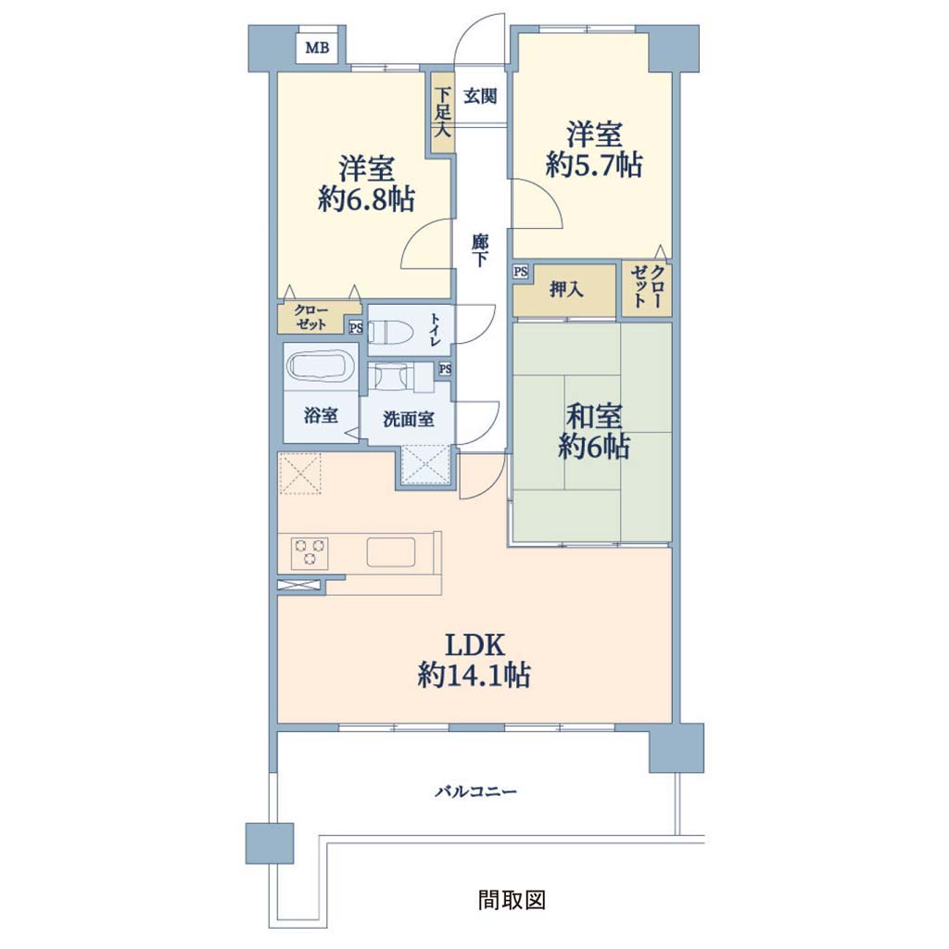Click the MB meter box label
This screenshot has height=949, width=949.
[317, 47]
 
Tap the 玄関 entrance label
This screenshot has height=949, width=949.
[481, 95]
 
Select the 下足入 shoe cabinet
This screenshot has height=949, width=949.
[442, 112]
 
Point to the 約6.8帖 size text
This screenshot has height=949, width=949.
[366, 199]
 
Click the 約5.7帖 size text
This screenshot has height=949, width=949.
[594, 164]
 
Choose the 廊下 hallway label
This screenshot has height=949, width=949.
[480, 250]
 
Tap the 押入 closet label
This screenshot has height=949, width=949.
[566, 290]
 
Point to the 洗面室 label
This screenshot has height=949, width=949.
[409, 419]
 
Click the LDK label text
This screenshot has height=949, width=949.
[475, 646]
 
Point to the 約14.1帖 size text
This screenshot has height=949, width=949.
[474, 675]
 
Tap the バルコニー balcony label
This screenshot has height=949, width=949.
[476, 791]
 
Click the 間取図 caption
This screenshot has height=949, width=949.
[512, 899]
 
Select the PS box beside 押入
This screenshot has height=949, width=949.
[521, 272]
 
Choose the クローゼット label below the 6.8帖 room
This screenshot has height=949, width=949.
[311, 317]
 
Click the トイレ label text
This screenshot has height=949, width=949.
[436, 330]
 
